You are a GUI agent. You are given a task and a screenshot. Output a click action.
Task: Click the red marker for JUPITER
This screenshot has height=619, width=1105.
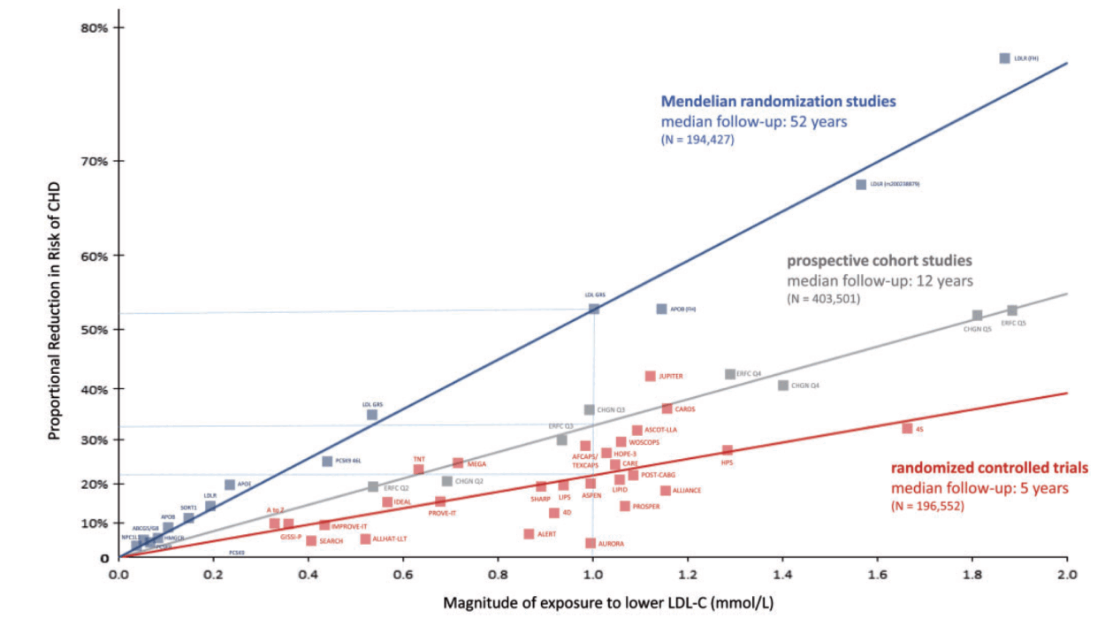click(651, 376)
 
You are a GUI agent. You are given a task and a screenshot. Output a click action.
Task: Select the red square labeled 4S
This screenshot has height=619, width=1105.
click(907, 428)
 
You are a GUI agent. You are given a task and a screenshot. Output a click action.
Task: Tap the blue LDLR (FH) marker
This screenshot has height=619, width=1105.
click(1004, 58)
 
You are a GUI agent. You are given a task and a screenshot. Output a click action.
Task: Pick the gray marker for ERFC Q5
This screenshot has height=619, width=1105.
click(1012, 310)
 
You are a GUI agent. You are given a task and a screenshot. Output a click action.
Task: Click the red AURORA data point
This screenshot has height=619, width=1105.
click(591, 543)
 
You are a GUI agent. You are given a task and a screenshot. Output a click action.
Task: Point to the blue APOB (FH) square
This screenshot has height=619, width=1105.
click(661, 309)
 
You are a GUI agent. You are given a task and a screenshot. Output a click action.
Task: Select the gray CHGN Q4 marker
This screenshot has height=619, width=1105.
click(782, 385)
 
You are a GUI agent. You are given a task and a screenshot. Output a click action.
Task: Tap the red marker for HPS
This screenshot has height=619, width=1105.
click(728, 451)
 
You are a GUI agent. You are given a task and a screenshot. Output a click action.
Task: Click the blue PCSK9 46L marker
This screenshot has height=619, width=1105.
click(327, 461)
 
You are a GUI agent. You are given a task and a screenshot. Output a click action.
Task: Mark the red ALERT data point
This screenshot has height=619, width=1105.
click(529, 534)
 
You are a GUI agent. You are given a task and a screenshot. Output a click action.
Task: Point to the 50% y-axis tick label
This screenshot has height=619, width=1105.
click(94, 330)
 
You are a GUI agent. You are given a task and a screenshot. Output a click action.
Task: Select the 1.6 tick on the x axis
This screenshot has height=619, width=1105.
click(878, 574)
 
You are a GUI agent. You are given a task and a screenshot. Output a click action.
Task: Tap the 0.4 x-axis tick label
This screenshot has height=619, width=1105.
click(309, 574)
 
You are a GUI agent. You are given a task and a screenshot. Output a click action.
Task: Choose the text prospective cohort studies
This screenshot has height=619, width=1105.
click(880, 261)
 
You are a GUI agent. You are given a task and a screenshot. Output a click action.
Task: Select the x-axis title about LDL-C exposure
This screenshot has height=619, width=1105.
click(591, 602)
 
